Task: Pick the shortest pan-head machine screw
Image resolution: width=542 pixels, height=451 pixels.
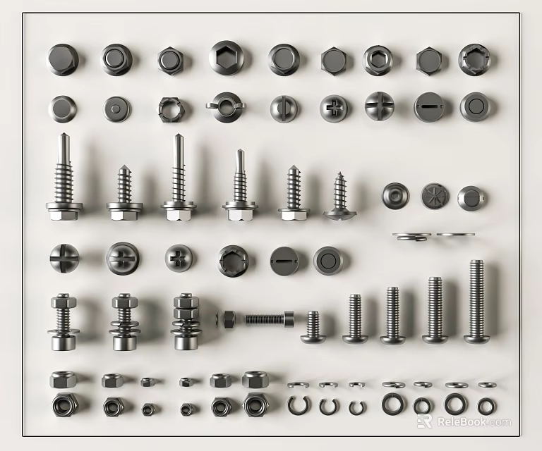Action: click(312, 328)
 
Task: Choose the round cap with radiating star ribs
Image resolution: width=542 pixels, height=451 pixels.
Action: click(434, 196)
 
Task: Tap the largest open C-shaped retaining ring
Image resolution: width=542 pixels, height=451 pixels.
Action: click(298, 405)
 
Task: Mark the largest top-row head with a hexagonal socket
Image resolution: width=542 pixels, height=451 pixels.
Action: click(225, 58)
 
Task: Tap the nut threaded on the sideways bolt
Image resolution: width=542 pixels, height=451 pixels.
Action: click(229, 319)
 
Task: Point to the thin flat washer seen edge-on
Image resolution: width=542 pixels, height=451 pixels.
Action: click(454, 234)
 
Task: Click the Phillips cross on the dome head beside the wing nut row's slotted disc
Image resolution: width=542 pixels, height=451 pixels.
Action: click(333, 107)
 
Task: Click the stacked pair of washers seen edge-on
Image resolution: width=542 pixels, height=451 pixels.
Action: click(412, 237)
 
